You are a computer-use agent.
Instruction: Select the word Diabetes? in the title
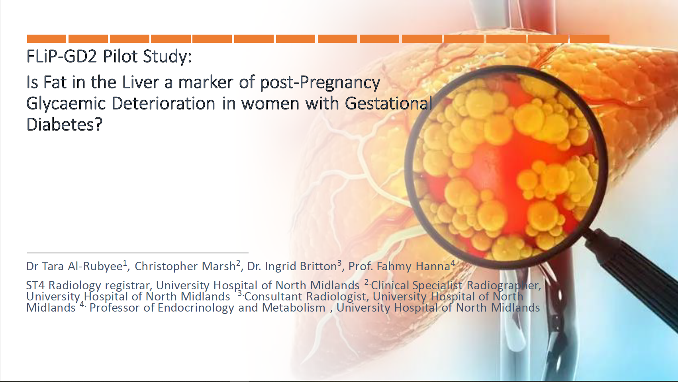pyautogui.click(x=65, y=124)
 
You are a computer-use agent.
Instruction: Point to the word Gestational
pyautogui.click(x=389, y=103)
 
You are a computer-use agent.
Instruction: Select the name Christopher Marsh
pyautogui.click(x=185, y=266)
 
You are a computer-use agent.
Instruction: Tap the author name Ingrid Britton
pyautogui.click(x=301, y=266)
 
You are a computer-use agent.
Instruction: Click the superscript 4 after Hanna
pyautogui.click(x=453, y=263)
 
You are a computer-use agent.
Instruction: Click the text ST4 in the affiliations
pyautogui.click(x=36, y=285)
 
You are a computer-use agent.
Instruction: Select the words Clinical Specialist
pyautogui.click(x=417, y=285)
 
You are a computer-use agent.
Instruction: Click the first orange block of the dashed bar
pyautogui.click(x=47, y=39)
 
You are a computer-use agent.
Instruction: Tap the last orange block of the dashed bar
pyautogui.click(x=590, y=39)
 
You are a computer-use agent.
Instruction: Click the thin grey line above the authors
pyautogui.click(x=138, y=253)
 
